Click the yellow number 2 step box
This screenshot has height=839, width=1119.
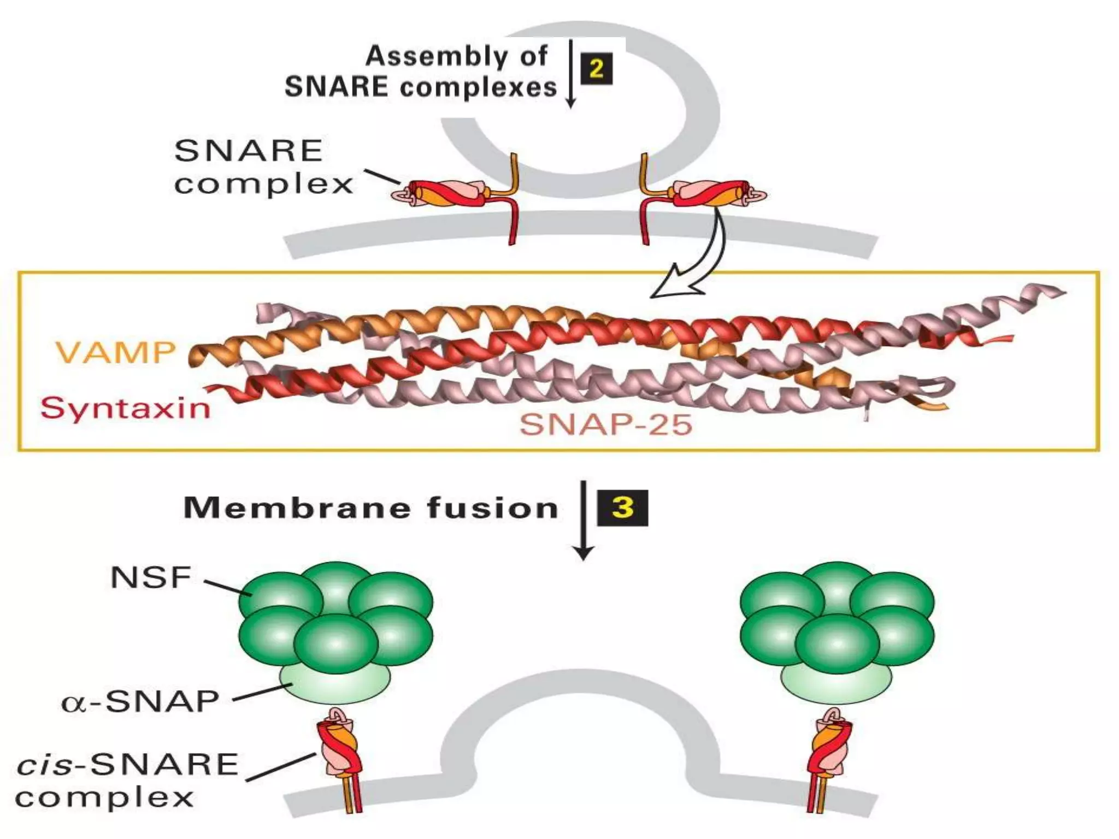click(x=596, y=69)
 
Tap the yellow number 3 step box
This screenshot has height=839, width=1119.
click(x=622, y=508)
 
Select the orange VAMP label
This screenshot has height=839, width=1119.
click(x=116, y=352)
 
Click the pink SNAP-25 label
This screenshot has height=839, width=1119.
click(x=606, y=424)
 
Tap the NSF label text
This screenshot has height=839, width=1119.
click(x=151, y=577)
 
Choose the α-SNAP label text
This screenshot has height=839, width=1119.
click(x=140, y=701)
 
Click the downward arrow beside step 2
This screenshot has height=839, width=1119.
click(x=571, y=74)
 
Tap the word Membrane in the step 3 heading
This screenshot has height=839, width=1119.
click(x=297, y=508)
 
